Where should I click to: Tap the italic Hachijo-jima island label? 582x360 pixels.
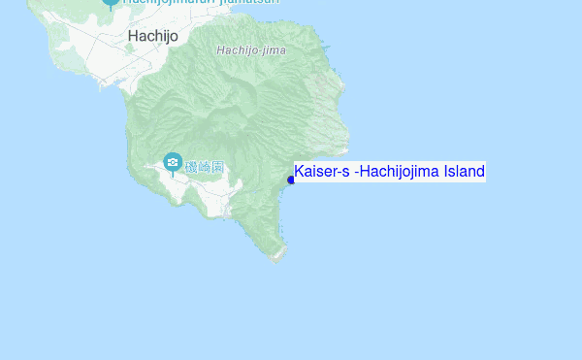pyautogui.click(x=251, y=49)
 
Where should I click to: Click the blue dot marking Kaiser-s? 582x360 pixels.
pyautogui.click(x=291, y=180)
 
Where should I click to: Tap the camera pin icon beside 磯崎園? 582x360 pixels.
pyautogui.click(x=173, y=162)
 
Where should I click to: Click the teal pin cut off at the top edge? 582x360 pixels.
pyautogui.click(x=110, y=3)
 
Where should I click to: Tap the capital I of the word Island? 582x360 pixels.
pyautogui.click(x=446, y=172)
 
